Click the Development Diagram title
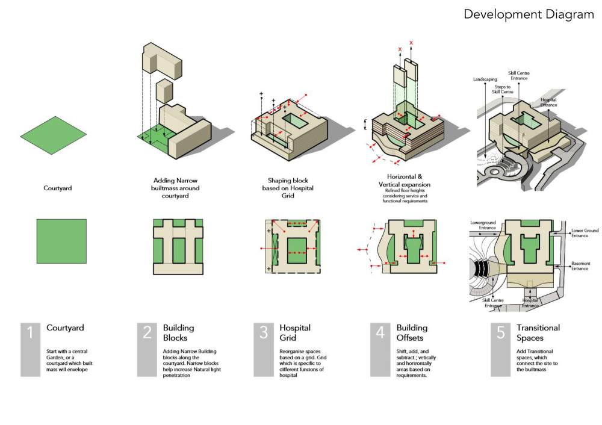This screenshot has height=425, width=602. tap(529, 14)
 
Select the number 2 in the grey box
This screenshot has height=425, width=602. tap(147, 333)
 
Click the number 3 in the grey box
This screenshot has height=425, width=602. tap(264, 333)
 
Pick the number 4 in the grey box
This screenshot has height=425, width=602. tap(380, 333)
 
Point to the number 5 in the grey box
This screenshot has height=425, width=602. tap(500, 333)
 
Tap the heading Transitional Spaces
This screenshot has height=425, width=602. tap(538, 333)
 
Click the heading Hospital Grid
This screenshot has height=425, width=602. tap(295, 333)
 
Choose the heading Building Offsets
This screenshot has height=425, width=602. tap(412, 333)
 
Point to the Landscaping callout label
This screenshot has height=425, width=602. tap(485, 79)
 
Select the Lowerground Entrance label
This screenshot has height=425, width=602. tap(483, 225)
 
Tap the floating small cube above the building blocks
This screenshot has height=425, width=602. tap(164, 90)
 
